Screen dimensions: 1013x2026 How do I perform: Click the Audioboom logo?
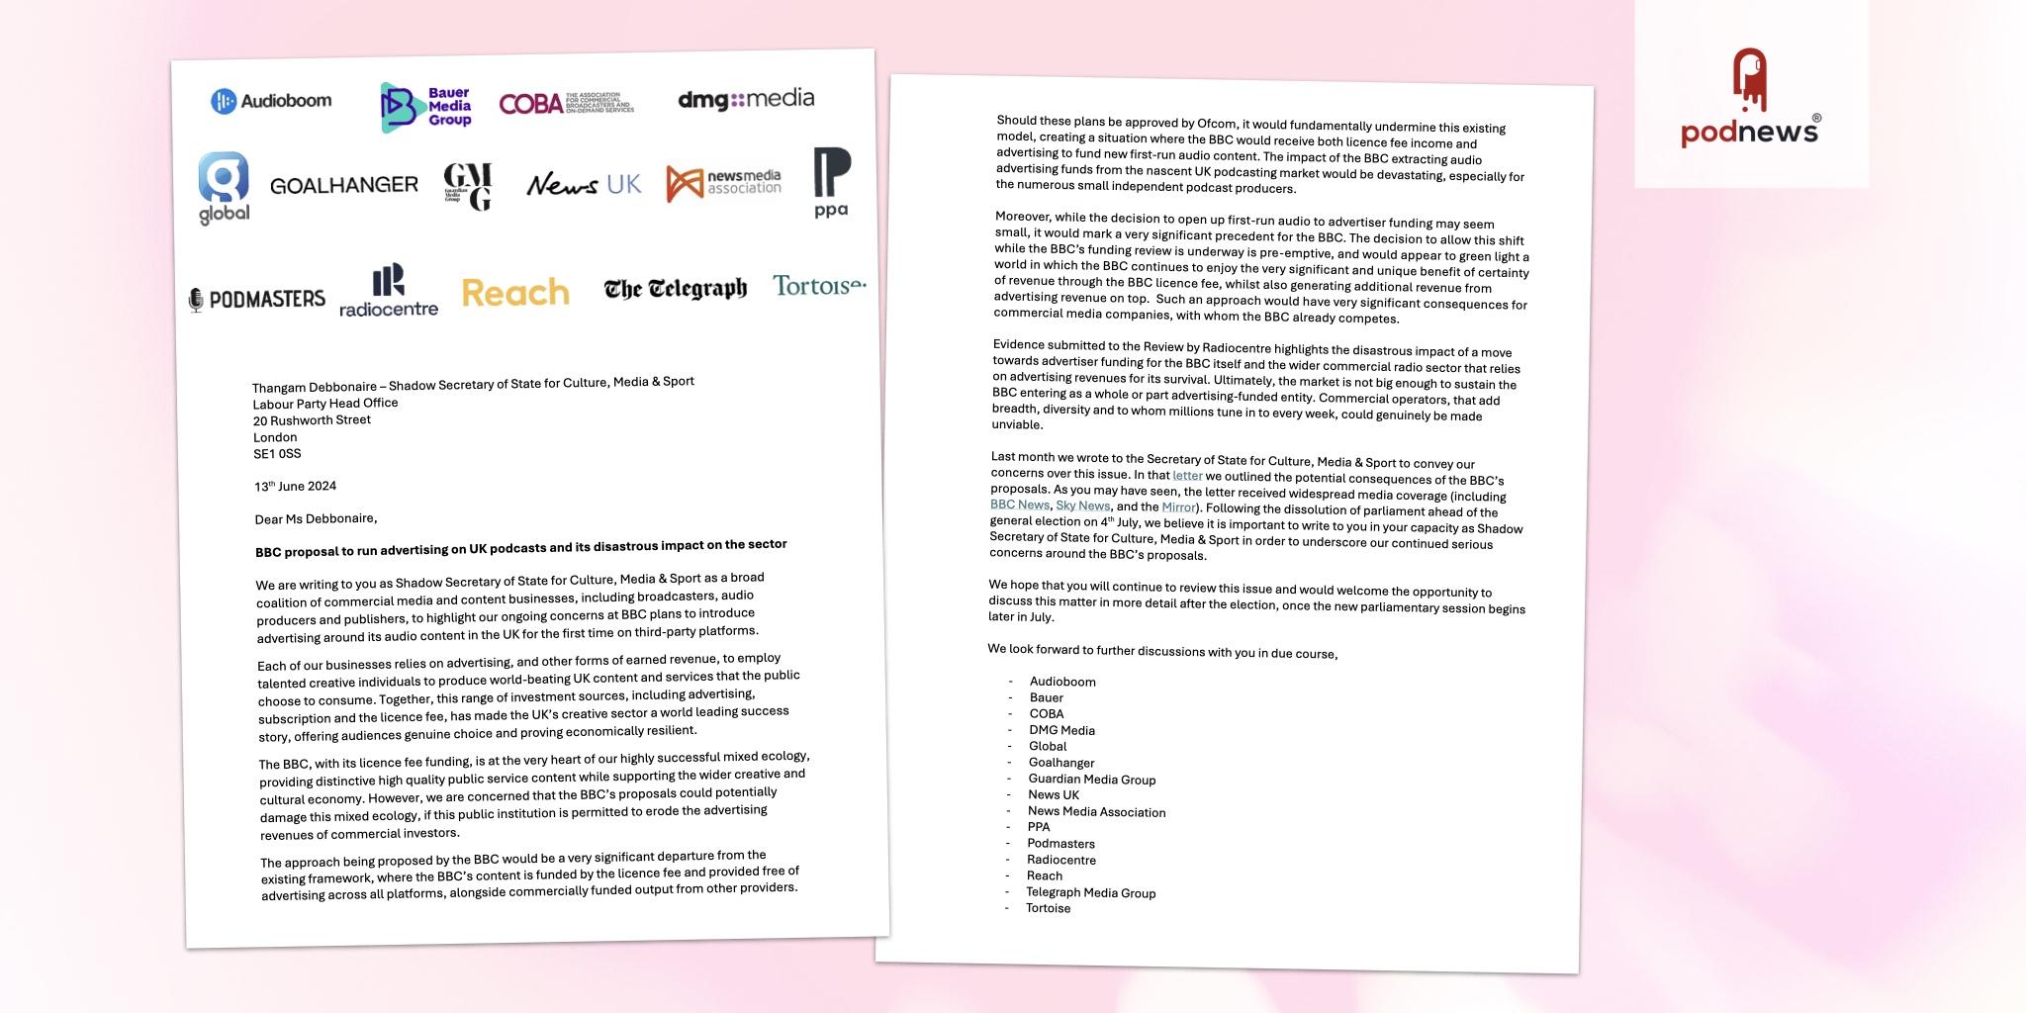272,101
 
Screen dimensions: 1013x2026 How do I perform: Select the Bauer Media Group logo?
426,107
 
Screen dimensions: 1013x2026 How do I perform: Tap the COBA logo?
566,103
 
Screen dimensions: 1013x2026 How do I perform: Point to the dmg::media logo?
746,99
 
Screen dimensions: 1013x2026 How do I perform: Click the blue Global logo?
224,188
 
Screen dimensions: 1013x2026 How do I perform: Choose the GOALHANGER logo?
343,185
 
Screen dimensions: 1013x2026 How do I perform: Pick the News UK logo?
584,184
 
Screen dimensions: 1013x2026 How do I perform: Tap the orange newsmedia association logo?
723,183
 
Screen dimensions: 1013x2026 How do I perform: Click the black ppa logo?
831,182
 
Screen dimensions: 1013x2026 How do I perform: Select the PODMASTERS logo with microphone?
257,299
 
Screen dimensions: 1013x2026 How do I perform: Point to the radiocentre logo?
389,290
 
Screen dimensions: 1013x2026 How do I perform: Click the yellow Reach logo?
515,293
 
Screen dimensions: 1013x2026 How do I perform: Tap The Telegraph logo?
676,289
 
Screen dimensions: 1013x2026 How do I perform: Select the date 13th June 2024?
295,486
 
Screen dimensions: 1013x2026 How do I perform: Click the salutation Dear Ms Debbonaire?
316,518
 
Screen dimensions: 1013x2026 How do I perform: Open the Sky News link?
1082,506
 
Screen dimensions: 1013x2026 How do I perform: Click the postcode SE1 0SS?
277,454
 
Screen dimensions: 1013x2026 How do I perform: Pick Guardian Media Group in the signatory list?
1091,780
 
